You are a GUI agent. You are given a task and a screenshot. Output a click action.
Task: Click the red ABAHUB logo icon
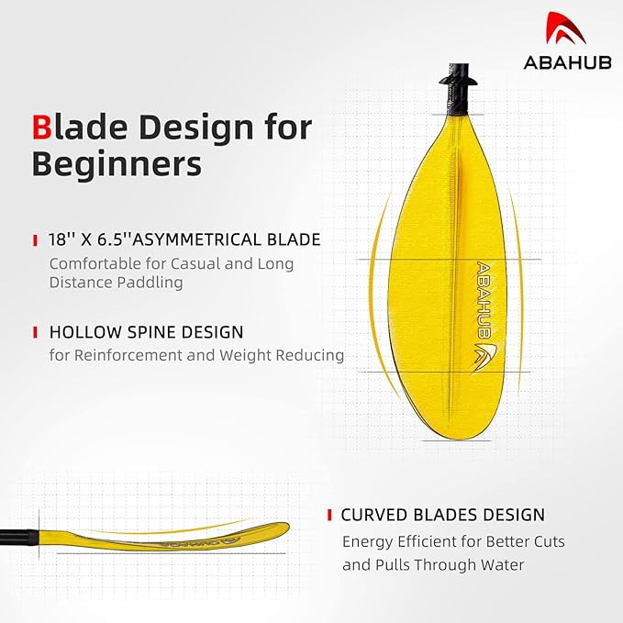tap(565, 28)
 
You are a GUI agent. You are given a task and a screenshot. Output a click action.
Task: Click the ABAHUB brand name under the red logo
tap(567, 62)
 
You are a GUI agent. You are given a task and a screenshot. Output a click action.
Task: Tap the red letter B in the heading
tap(41, 128)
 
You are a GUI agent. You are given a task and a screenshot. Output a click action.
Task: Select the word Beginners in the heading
tap(117, 163)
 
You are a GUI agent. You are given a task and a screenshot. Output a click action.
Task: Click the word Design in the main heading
tap(196, 128)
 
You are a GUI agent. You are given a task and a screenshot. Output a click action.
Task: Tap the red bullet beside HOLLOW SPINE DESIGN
tap(36, 332)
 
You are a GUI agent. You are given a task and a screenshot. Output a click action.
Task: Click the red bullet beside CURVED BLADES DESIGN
tap(329, 515)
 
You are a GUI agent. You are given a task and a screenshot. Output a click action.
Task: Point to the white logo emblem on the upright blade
tap(484, 357)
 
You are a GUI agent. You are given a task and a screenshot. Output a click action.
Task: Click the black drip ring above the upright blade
tap(458, 81)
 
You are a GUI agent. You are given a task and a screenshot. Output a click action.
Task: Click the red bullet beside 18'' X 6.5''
tap(36, 240)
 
